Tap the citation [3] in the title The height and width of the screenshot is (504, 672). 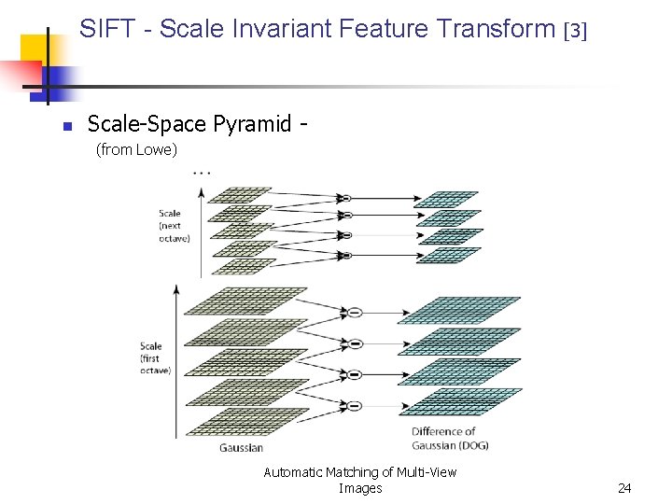(x=576, y=31)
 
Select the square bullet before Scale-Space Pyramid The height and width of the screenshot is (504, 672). (x=66, y=126)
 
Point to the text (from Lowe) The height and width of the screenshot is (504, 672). (x=136, y=149)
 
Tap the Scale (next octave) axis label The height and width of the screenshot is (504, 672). (x=173, y=225)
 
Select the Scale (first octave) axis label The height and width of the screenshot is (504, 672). (x=155, y=358)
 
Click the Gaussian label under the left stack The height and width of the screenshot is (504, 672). (x=242, y=447)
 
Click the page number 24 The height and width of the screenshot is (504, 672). (x=624, y=488)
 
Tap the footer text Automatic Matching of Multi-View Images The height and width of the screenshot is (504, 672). (x=359, y=480)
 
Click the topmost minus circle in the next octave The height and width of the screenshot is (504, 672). (x=344, y=198)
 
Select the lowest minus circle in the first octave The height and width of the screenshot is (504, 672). (x=354, y=405)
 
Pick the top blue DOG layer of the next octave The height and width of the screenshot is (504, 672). (x=446, y=199)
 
